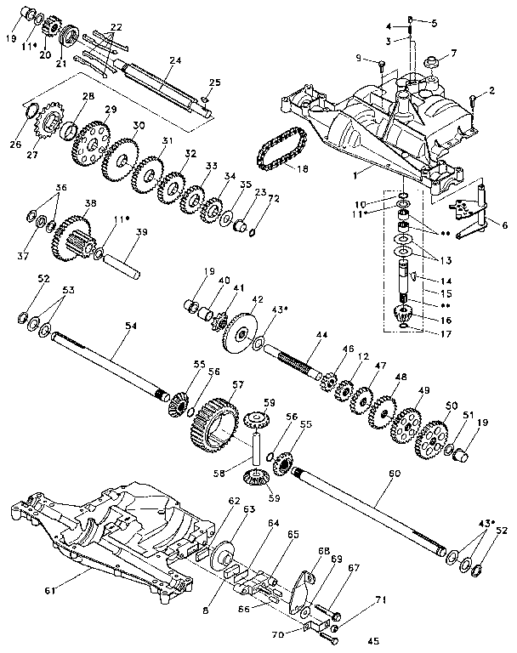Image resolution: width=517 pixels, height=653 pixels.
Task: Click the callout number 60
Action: tap(393, 472)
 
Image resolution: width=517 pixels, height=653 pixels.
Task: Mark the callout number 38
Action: tap(89, 203)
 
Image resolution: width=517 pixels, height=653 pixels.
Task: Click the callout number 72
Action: tap(250, 198)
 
